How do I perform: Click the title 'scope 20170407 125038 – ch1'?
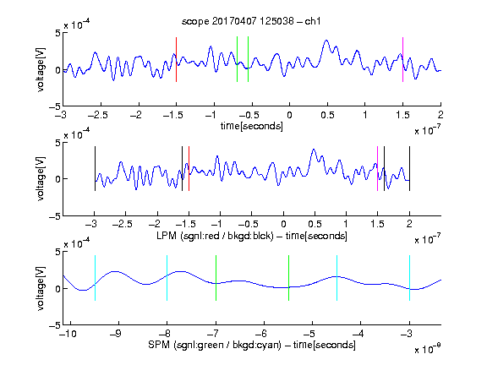251,21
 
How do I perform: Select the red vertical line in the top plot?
176,60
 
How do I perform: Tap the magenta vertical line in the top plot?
402,60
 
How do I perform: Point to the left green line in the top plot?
237,59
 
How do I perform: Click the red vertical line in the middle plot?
189,168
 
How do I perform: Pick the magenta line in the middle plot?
377,168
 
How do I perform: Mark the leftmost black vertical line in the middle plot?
95,168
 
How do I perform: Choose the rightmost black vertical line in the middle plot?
409,168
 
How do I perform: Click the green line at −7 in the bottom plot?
216,278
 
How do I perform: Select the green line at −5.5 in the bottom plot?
288,278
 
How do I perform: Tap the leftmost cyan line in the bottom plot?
95,278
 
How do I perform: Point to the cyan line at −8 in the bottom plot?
167,278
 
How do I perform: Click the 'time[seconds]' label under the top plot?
252,126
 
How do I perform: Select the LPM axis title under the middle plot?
252,236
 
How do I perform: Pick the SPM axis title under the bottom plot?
252,345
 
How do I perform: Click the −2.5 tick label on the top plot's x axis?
97,115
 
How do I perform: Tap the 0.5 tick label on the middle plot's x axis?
315,224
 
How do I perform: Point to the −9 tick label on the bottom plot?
116,334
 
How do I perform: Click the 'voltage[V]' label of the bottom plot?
41,288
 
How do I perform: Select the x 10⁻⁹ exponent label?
427,348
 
